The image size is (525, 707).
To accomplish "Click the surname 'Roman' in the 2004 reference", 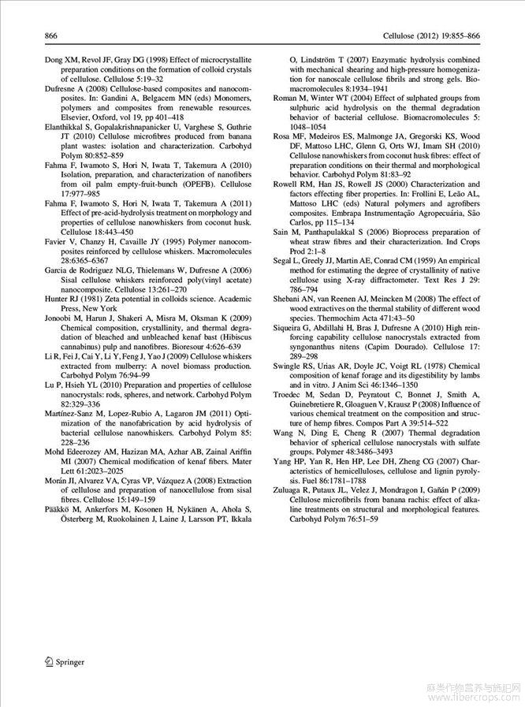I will click(286, 99).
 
